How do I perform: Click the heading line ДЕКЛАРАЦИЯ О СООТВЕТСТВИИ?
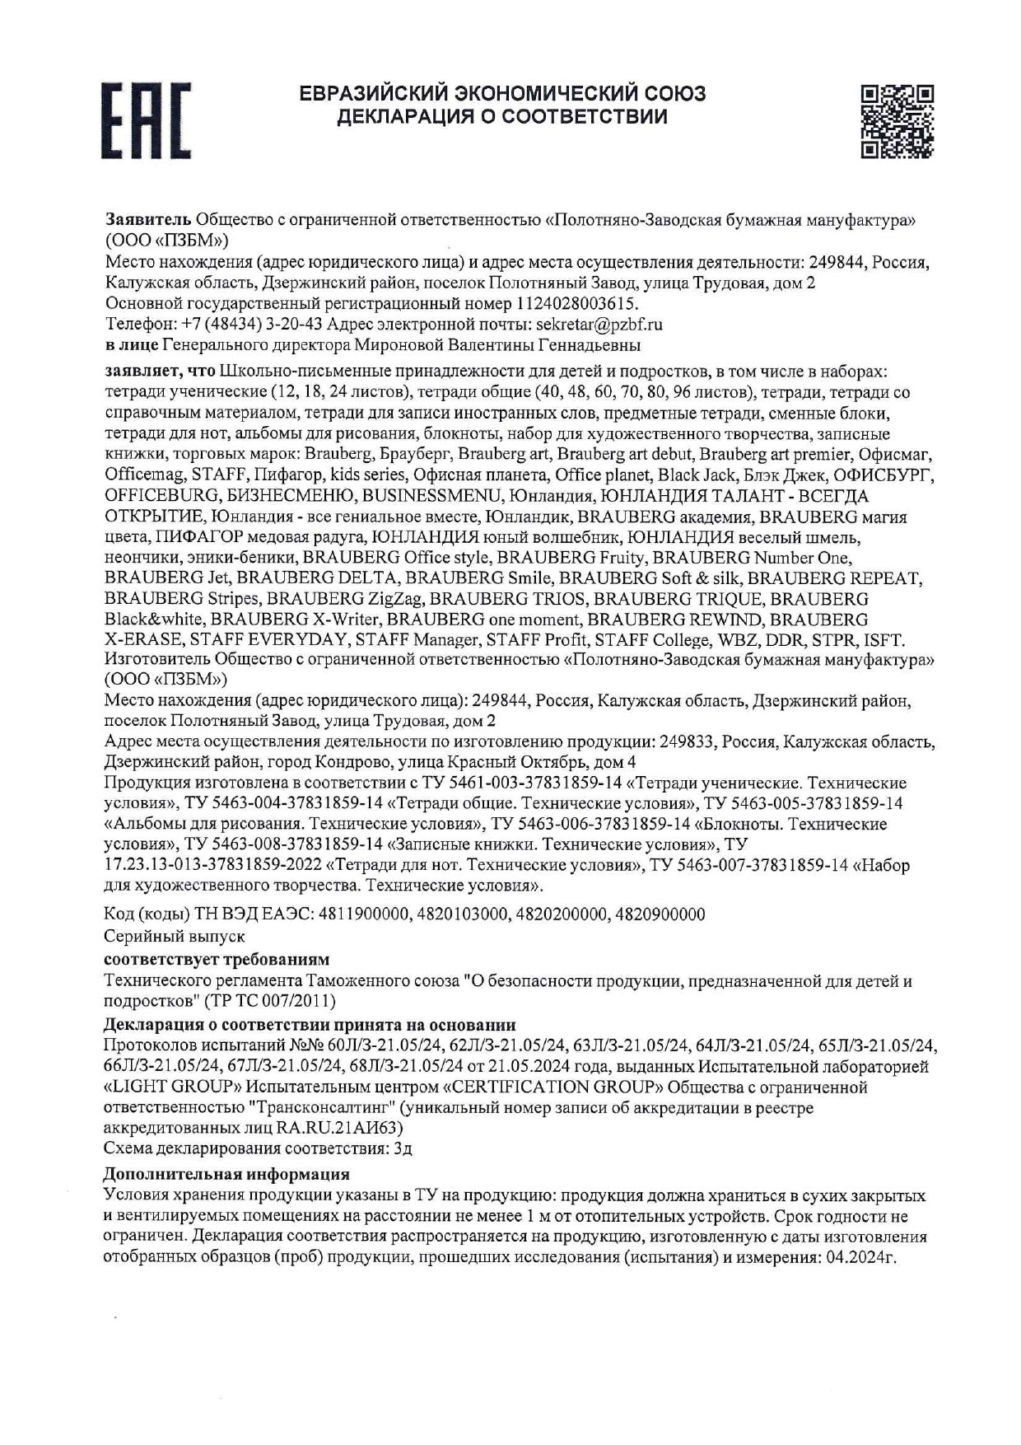501,116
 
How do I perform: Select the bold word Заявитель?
148,220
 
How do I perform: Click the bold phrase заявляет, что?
160,371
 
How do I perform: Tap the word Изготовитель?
157,660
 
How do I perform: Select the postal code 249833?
687,741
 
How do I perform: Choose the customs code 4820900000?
660,914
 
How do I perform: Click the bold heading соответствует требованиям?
217,959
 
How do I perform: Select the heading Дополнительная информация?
226,1174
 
